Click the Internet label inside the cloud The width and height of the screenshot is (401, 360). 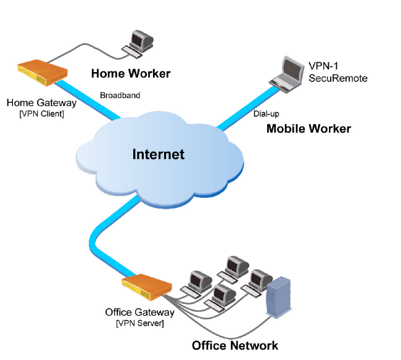pos(159,154)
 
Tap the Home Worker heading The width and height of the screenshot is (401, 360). pos(131,74)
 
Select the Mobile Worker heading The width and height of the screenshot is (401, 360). pos(308,129)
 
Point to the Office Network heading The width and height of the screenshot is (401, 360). pos(235,346)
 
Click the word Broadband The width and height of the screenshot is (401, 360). pos(120,96)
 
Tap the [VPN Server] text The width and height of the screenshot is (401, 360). pos(139,323)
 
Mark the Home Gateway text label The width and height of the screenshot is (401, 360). pos(42,103)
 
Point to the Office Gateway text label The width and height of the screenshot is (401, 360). pos(139,312)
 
